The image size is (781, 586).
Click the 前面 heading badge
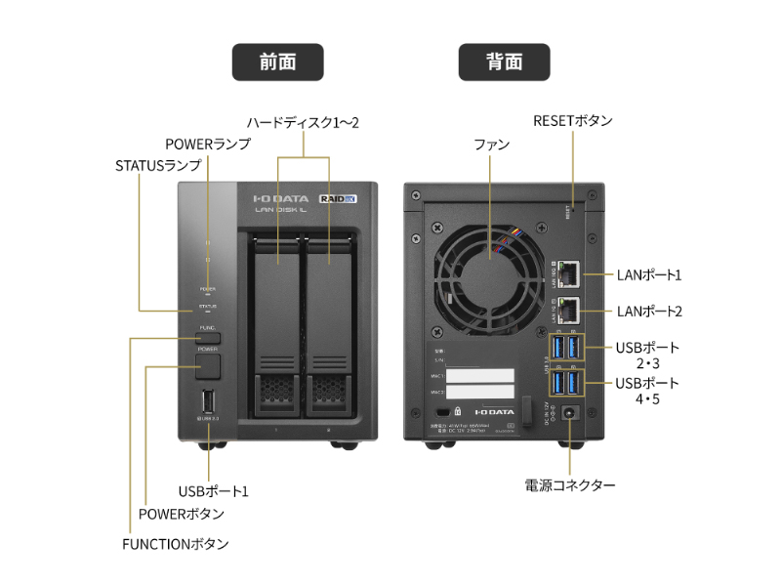277,62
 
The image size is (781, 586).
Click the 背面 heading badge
504,62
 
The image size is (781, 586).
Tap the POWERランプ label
207,144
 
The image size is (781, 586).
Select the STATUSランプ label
157,165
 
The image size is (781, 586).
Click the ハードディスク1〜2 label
303,122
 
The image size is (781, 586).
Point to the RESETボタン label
573,121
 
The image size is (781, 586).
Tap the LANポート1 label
649,275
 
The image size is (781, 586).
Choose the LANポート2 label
649,312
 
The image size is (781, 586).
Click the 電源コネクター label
570,484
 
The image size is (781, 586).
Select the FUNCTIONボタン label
176,542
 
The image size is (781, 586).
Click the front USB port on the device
207,402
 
